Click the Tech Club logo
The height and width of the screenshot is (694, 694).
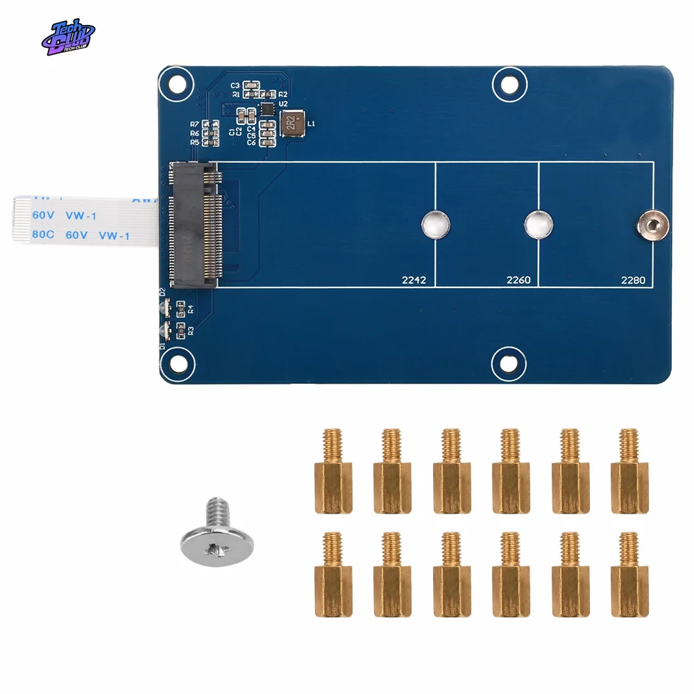pos(67,37)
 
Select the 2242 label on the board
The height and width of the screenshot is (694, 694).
pos(414,281)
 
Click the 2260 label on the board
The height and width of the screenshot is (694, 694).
pos(518,281)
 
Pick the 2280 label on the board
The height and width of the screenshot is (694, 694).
pos(633,281)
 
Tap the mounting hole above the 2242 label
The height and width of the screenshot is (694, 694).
pos(436,224)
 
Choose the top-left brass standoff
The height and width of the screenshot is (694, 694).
pos(333,471)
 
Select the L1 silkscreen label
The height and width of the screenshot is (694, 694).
pos(311,124)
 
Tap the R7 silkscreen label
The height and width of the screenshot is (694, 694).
pos(194,124)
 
